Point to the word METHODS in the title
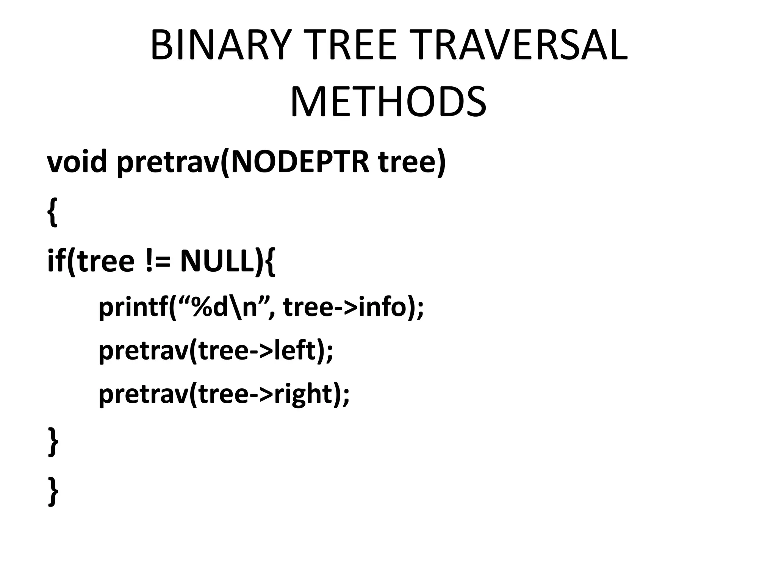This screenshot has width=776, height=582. click(x=388, y=102)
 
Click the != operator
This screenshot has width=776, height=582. click(x=157, y=261)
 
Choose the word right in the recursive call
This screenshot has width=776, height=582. click(x=303, y=394)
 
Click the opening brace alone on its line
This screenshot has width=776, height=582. click(x=53, y=212)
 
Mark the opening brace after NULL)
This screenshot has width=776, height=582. click(x=269, y=262)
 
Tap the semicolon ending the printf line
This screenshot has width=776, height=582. click(x=420, y=309)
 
